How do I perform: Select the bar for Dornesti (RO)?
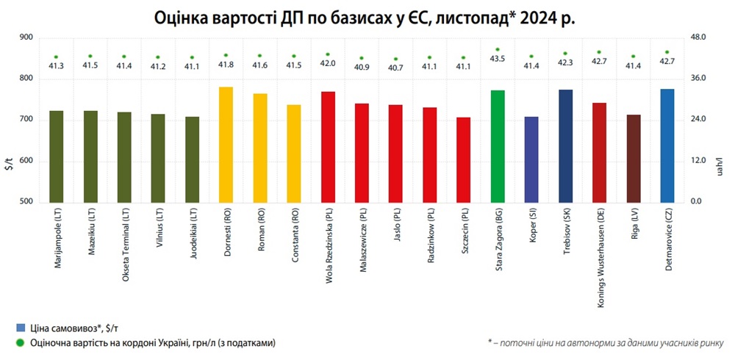[226, 144]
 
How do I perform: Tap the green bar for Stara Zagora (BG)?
[498, 145]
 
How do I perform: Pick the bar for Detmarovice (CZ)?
[667, 145]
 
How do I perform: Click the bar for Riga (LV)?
[634, 158]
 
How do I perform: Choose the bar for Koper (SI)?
[531, 159]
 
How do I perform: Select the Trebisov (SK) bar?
[565, 145]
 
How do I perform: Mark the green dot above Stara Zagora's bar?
[498, 49]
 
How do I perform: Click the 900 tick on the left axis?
[26, 37]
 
